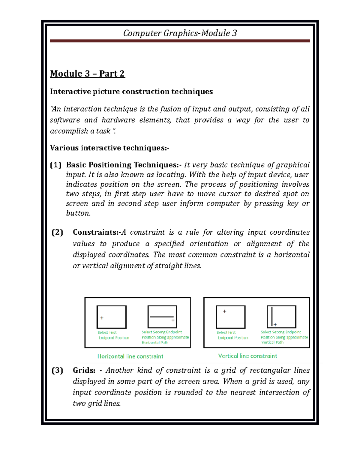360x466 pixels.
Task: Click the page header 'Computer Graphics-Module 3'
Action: point(180,33)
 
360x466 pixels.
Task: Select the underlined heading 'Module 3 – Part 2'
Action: point(87,74)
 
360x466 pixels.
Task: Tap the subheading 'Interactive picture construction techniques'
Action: point(131,92)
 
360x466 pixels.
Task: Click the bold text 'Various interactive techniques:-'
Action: point(109,148)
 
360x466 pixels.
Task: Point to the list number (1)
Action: point(56,165)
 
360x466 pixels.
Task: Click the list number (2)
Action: point(57,232)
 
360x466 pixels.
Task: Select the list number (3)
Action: point(57,370)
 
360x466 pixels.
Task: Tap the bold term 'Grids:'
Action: point(84,370)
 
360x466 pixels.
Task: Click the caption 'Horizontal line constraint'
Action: point(130,356)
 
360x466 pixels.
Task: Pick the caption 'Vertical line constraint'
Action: point(247,356)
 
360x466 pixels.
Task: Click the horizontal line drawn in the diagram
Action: point(161,317)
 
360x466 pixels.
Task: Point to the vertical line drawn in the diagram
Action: point(272,316)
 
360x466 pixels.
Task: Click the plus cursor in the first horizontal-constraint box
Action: point(102,318)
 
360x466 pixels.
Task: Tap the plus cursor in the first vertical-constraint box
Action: point(225,311)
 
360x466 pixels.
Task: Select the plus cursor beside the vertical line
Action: point(275,325)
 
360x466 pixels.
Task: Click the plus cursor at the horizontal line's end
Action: point(173,320)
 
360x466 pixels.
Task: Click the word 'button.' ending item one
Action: point(78,213)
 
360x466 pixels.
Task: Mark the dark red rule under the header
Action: point(180,41)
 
